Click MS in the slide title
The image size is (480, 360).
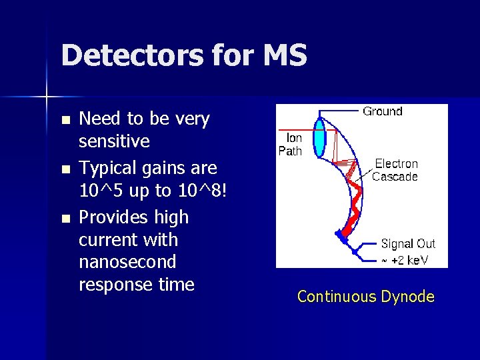[x=285, y=55]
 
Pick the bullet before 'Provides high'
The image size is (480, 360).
[x=65, y=219]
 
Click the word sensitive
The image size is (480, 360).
[x=114, y=141]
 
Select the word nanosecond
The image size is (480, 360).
[x=127, y=262]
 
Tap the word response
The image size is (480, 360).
[x=111, y=285]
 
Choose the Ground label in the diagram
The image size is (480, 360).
[x=383, y=111]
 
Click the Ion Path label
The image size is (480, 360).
[x=291, y=145]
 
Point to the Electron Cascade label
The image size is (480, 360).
[x=395, y=170]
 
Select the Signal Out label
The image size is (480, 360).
[x=407, y=244]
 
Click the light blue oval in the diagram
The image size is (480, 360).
[x=320, y=138]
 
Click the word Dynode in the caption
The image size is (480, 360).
[x=407, y=297]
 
